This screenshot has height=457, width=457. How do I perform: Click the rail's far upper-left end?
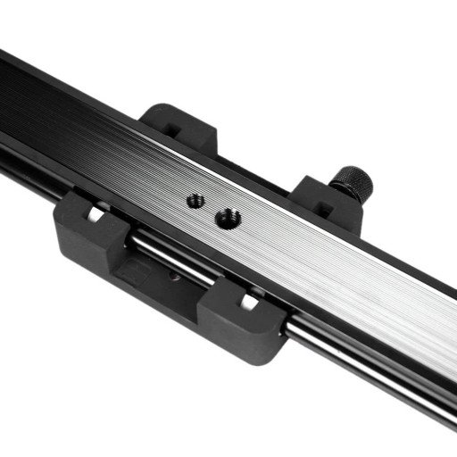[7, 62]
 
